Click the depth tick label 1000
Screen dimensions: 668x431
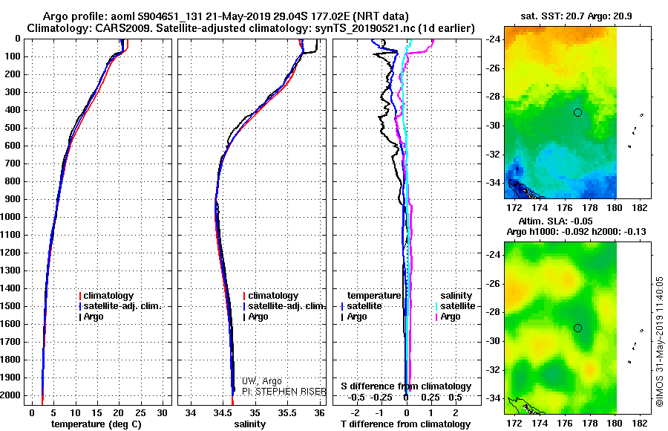pos(10,217)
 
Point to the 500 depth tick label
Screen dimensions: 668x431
pos(13,128)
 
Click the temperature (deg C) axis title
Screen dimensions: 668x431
pos(96,424)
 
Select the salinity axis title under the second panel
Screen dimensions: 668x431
pos(249,424)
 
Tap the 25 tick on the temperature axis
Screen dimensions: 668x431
pos(140,413)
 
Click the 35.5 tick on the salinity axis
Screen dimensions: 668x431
pos(286,413)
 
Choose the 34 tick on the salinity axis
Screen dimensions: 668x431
pos(191,413)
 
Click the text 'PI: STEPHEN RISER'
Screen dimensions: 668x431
pos(284,392)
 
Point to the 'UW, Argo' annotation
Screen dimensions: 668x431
pos(261,381)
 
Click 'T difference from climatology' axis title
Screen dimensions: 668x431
pos(405,424)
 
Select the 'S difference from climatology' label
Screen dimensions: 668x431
pos(406,386)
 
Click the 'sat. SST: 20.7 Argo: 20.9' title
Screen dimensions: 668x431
pos(577,16)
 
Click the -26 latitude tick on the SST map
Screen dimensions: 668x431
pos(494,68)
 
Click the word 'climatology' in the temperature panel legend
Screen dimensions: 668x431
pos(108,295)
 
